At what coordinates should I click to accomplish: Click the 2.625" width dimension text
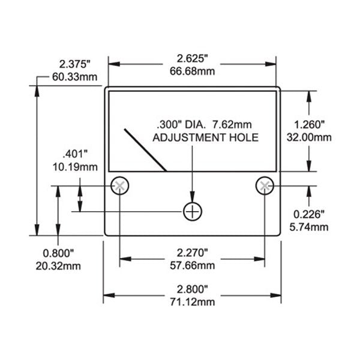click(x=192, y=59)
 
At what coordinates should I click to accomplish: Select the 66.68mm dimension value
click(x=192, y=71)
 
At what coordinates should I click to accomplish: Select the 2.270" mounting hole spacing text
click(x=192, y=253)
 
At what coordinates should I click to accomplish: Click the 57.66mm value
click(x=192, y=265)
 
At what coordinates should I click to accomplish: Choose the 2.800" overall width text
click(x=192, y=289)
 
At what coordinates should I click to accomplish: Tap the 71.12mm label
click(x=192, y=301)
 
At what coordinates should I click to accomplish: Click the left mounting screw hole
click(x=120, y=185)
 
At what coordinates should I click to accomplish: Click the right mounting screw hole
click(x=264, y=185)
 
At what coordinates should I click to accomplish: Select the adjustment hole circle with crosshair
click(x=192, y=211)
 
